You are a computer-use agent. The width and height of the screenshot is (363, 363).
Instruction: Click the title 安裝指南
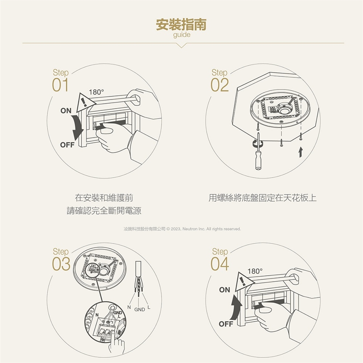pos(181,25)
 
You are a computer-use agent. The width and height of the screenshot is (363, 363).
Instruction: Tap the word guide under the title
pos(182,35)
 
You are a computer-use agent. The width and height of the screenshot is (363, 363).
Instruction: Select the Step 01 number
pos(60,85)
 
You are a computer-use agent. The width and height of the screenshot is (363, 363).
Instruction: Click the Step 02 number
pos(220,85)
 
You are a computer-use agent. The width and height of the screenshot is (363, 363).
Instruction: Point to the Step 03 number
pos(61,264)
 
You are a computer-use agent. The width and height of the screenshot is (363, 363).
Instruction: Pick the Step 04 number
pos(220,264)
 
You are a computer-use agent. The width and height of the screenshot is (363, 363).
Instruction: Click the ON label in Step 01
pos(66,111)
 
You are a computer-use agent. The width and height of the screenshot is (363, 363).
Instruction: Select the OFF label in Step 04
pos(226,324)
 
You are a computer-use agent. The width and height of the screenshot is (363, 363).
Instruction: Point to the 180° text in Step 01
pos(96,92)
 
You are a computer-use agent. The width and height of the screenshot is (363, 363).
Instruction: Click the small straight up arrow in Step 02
pos(301,152)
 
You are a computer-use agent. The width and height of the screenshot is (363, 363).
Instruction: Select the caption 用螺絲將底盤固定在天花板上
pos(262,198)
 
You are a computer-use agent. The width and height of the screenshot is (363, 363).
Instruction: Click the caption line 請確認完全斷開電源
pos(104,211)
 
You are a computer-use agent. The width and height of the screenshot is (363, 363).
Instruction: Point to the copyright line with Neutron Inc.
pos(182,229)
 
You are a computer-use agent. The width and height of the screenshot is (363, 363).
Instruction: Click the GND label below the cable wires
pos(140,310)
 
